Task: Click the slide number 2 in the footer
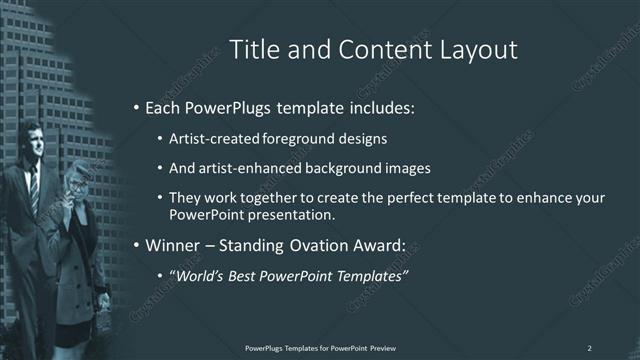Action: coord(590,347)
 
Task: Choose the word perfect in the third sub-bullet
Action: coord(410,198)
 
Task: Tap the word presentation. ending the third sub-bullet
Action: coord(296,215)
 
